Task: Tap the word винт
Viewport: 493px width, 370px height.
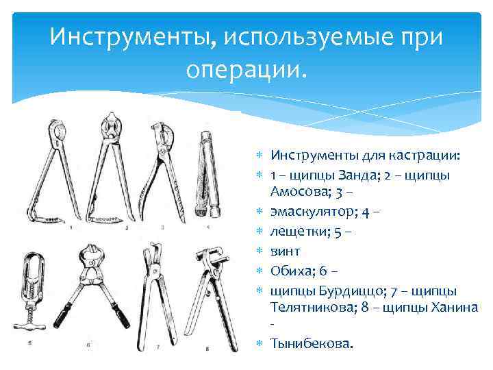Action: [286, 252]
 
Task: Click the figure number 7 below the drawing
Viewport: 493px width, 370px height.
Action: [157, 346]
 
